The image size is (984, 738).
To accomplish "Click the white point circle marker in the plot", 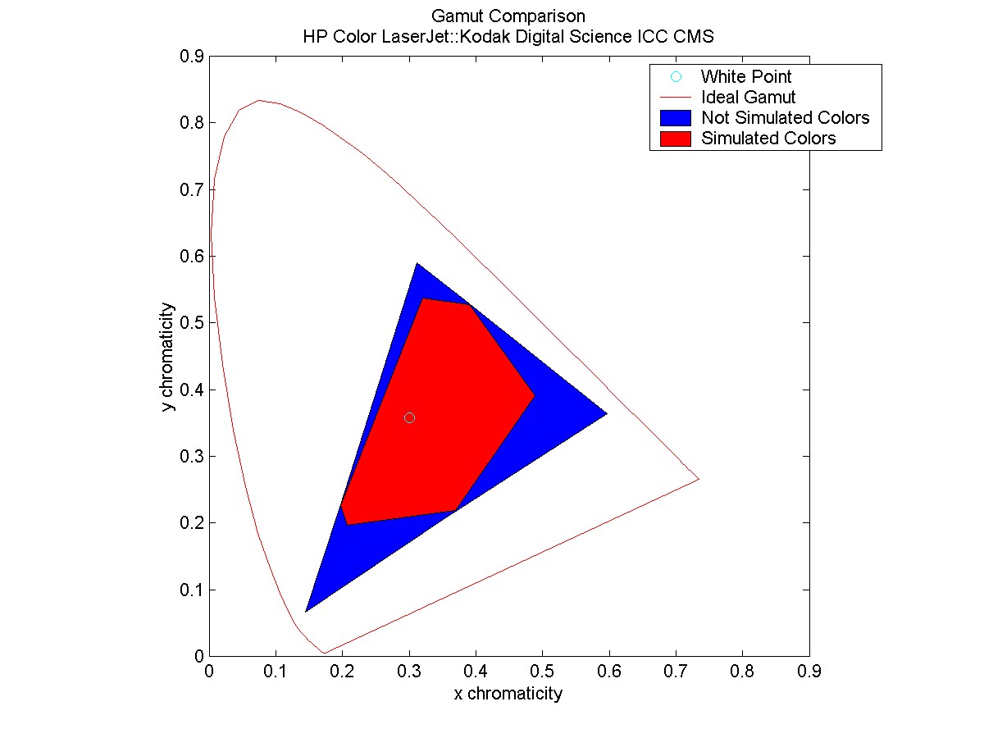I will (409, 417).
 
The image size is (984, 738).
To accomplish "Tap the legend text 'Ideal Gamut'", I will (748, 97).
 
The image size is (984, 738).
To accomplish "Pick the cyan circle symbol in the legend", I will (676, 76).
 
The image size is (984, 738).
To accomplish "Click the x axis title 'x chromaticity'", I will (508, 694).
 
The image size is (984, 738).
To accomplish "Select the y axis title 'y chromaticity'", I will (168, 357).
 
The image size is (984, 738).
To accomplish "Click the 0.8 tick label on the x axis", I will (742, 672).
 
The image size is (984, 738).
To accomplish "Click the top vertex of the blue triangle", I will (417, 263).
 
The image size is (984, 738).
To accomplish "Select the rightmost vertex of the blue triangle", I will (607, 414).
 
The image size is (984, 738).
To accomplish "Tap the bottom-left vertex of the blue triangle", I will (306, 611).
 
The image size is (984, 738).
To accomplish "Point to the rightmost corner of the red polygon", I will (535, 395).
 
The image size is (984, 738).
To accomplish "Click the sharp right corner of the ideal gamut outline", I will (699, 479).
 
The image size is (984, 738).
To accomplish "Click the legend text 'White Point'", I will (745, 77).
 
